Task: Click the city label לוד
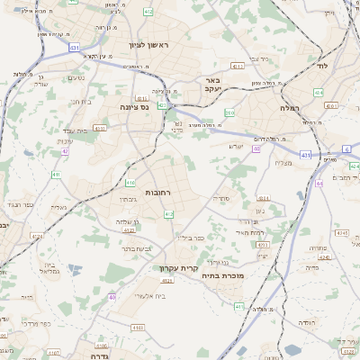click(322, 67)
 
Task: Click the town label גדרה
click(99, 355)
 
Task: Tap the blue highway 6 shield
click(345, 149)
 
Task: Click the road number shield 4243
click(341, 233)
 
